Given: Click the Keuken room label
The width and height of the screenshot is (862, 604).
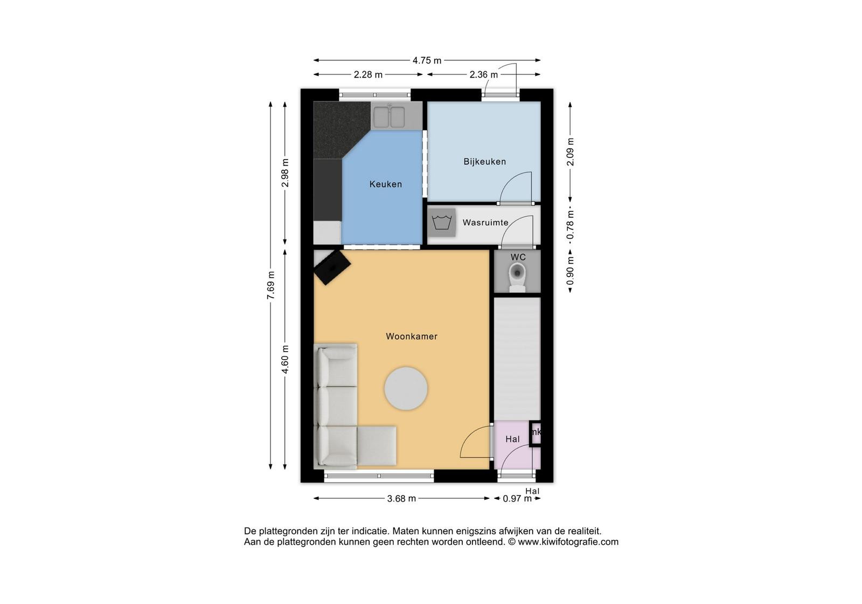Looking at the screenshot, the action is (386, 184).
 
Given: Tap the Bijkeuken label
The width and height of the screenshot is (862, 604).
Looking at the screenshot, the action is (484, 161).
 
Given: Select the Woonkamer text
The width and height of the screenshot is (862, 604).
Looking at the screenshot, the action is (412, 337).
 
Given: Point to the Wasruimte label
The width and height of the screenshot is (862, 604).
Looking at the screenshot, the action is (485, 222).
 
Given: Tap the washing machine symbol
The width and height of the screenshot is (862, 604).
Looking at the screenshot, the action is (441, 222).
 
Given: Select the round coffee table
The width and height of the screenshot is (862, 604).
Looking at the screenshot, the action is (406, 388).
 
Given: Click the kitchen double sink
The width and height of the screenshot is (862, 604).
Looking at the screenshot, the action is (390, 116).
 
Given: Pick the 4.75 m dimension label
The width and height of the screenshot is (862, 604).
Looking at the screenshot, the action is (427, 60).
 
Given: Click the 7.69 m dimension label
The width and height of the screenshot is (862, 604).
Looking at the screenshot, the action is (271, 285).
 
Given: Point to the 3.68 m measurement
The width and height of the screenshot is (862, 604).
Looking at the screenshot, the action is (401, 498).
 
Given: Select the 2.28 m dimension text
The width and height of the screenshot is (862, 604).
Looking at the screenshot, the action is (369, 75).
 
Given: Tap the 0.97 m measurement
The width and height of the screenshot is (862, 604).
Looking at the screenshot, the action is (517, 498).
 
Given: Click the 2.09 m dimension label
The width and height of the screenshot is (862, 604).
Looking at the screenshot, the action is (571, 152).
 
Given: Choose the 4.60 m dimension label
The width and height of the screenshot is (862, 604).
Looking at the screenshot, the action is (285, 359).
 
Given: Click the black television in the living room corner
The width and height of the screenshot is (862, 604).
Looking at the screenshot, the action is (332, 267).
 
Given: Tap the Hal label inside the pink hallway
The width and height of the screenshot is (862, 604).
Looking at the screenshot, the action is (512, 439).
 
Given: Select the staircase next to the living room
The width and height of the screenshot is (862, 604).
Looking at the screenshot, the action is (517, 359).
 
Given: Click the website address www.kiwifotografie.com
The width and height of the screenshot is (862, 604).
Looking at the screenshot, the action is (568, 542).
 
